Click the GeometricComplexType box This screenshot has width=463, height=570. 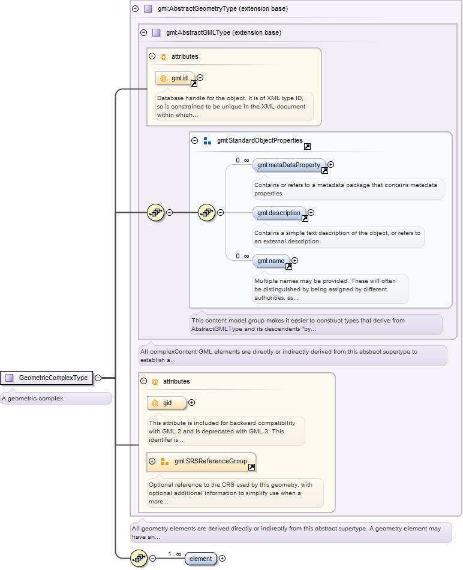point(47,378)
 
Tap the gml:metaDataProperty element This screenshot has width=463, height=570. point(289,165)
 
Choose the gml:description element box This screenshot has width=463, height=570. point(279,213)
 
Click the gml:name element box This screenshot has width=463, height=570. point(271,261)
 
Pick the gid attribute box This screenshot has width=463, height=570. point(167,403)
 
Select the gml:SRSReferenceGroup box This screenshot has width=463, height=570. point(202,462)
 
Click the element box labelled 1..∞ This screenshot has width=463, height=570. point(201,559)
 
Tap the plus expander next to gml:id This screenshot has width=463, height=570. point(200,78)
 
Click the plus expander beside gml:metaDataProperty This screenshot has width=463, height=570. point(330,165)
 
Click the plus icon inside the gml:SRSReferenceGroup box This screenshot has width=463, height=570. point(152,462)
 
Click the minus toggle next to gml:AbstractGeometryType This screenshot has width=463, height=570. point(136,9)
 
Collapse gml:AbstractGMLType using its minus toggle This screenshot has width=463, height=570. point(144,33)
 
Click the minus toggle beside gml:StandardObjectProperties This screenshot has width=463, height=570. point(194,141)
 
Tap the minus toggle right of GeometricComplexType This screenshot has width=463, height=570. point(98,378)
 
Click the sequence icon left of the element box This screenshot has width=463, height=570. point(139,559)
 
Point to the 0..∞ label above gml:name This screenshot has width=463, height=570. point(242,257)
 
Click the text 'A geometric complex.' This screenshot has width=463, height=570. point(33,399)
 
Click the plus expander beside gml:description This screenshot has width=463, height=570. point(311,213)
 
